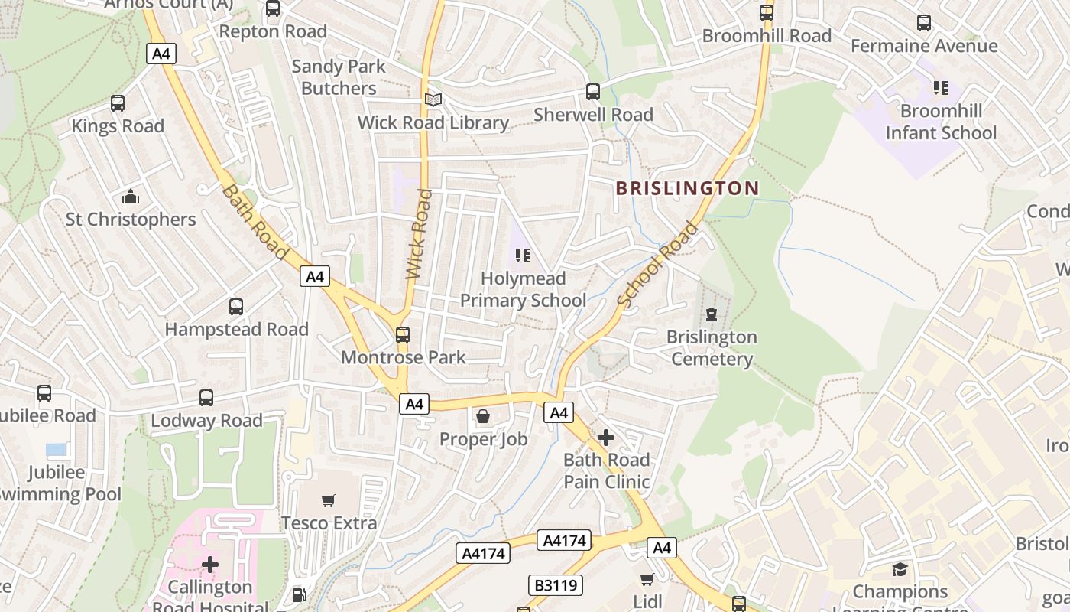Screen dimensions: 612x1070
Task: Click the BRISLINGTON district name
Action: pyautogui.click(x=687, y=188)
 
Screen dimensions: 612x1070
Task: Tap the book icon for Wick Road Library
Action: pyautogui.click(x=433, y=100)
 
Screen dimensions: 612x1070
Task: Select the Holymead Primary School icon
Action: pyautogui.click(x=523, y=256)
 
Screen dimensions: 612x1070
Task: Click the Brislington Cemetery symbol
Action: pyautogui.click(x=712, y=314)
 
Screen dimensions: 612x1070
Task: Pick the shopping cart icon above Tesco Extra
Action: pyautogui.click(x=329, y=501)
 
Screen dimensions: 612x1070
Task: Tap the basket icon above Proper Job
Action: pyautogui.click(x=483, y=416)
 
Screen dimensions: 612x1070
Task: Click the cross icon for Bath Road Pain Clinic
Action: pyautogui.click(x=606, y=438)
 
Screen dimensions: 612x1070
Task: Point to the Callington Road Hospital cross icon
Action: pyautogui.click(x=210, y=565)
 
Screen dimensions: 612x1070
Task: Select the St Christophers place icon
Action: pyautogui.click(x=131, y=197)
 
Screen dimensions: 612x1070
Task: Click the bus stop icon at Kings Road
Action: pyautogui.click(x=118, y=103)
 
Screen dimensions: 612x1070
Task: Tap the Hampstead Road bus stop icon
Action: pyautogui.click(x=236, y=307)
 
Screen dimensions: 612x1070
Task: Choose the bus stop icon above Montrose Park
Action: pyautogui.click(x=403, y=335)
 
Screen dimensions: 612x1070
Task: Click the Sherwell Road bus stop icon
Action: pyautogui.click(x=593, y=92)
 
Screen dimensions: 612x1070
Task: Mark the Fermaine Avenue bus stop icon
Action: pyautogui.click(x=924, y=23)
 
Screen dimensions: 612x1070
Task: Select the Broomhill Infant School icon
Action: pyautogui.click(x=940, y=88)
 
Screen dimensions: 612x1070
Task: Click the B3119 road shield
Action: pyautogui.click(x=555, y=586)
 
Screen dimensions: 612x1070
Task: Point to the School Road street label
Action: pyautogui.click(x=658, y=265)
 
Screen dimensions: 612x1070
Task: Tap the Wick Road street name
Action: pyautogui.click(x=420, y=234)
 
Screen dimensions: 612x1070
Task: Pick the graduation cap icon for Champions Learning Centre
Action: pyautogui.click(x=900, y=569)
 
